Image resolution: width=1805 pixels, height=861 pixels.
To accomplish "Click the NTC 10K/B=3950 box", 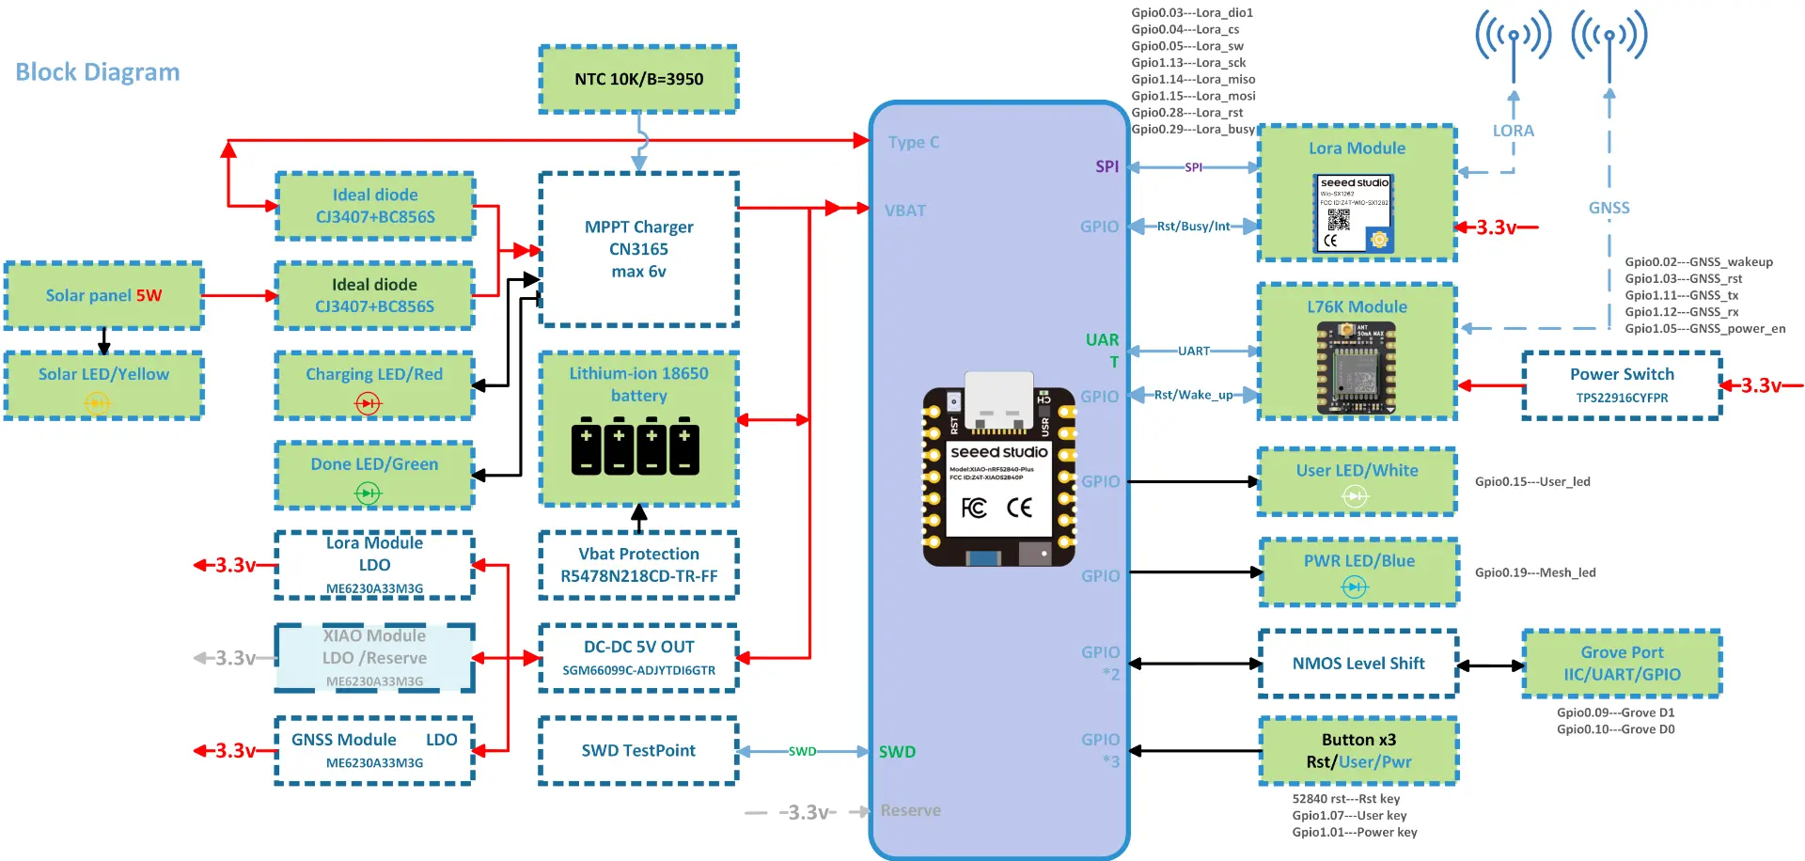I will [638, 79].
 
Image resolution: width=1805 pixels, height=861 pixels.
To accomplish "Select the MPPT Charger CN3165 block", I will [638, 249].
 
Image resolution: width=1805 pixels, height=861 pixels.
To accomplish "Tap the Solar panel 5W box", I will [103, 295].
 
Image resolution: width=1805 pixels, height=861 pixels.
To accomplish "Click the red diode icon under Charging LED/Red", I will [368, 403].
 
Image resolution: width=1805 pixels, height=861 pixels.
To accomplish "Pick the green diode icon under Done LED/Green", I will [368, 493].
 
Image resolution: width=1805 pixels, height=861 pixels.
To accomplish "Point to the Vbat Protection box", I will [638, 565].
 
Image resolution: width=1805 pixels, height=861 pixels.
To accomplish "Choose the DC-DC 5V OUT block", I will [638, 657].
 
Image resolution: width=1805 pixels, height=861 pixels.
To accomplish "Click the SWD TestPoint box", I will [638, 750].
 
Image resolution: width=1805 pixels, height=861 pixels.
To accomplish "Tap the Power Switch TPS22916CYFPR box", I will [1622, 384].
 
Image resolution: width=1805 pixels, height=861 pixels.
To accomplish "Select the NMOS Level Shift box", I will [1358, 664].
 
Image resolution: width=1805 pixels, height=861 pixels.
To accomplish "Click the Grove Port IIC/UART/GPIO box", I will [1622, 664].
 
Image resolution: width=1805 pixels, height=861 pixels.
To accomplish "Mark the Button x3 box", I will [1358, 750].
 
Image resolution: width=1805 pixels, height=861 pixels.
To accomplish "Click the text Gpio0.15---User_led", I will [1532, 481].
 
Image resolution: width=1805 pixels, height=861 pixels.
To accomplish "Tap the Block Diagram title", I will [98, 72].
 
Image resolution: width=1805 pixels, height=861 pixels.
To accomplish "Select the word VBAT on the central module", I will [905, 211].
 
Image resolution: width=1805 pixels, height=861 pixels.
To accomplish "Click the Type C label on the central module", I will [914, 142].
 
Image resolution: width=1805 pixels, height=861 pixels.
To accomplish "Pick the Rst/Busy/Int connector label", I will [1193, 227].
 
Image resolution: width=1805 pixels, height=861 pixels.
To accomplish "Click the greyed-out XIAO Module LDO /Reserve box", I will [374, 657].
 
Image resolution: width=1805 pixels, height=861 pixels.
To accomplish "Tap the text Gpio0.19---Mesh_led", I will [1535, 572].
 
